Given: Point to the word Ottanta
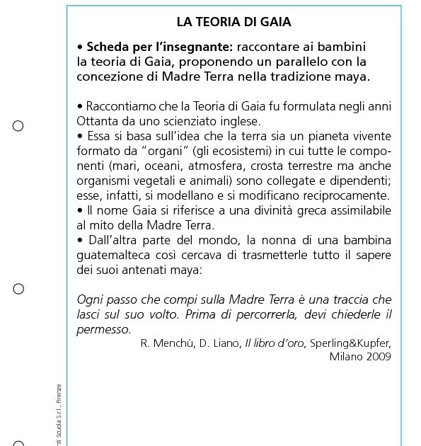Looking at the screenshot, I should (97, 121).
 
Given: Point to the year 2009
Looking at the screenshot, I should (379, 356).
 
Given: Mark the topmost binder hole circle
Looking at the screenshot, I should (18, 126).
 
